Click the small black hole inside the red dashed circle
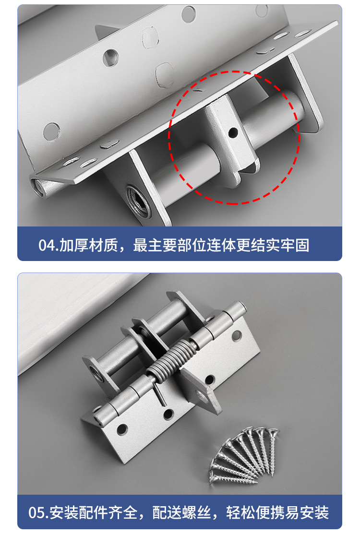pos(233,132)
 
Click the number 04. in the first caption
pos(48,245)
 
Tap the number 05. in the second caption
pos(38,512)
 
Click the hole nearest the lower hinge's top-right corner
pos(237,335)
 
